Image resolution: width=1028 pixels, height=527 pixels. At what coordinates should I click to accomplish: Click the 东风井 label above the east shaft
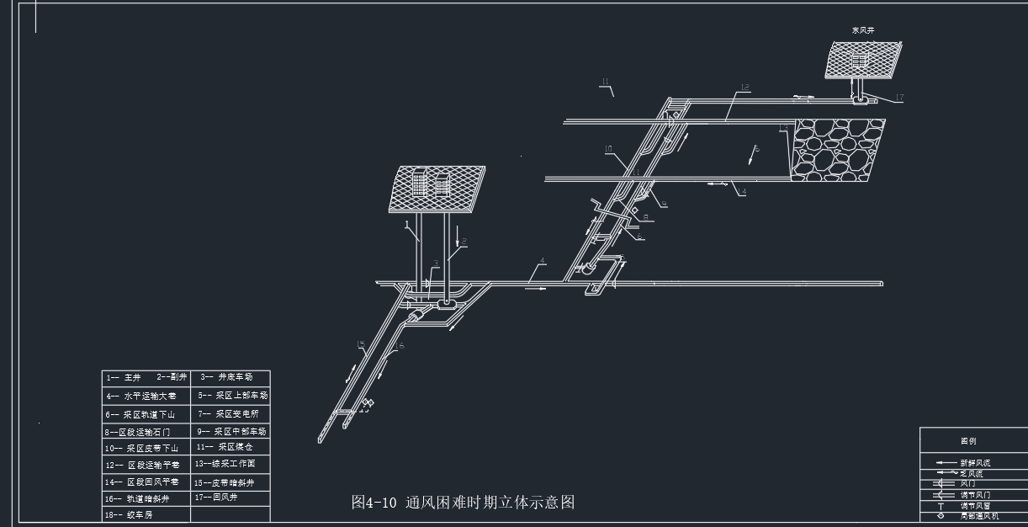point(863,30)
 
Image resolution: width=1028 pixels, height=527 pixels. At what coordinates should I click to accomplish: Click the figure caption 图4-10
point(463,503)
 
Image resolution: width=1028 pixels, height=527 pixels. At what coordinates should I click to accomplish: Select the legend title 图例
point(968,440)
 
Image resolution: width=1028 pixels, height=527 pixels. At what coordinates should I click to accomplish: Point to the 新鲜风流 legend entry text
point(975,463)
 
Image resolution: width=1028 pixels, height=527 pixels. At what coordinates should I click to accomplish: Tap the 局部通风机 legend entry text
point(979,516)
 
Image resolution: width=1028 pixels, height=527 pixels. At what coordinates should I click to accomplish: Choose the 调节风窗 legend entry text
point(975,505)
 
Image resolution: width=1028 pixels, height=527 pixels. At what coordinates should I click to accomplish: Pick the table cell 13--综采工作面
point(225,464)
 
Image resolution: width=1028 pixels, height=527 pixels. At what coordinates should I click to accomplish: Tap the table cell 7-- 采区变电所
point(229,413)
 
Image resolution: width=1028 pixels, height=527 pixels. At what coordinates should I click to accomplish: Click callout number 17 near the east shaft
point(898,98)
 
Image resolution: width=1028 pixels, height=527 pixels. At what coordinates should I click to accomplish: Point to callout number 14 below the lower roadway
point(742,192)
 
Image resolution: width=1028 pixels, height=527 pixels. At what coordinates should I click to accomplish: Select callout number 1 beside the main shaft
point(406,225)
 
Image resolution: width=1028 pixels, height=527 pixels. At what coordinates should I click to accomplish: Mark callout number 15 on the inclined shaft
point(360,343)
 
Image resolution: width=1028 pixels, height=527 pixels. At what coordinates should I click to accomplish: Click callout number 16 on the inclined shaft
point(399,346)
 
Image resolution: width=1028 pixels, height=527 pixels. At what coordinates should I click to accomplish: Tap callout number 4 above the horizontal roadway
point(543,261)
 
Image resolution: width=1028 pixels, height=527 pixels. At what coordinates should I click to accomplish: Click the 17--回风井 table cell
point(217,498)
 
